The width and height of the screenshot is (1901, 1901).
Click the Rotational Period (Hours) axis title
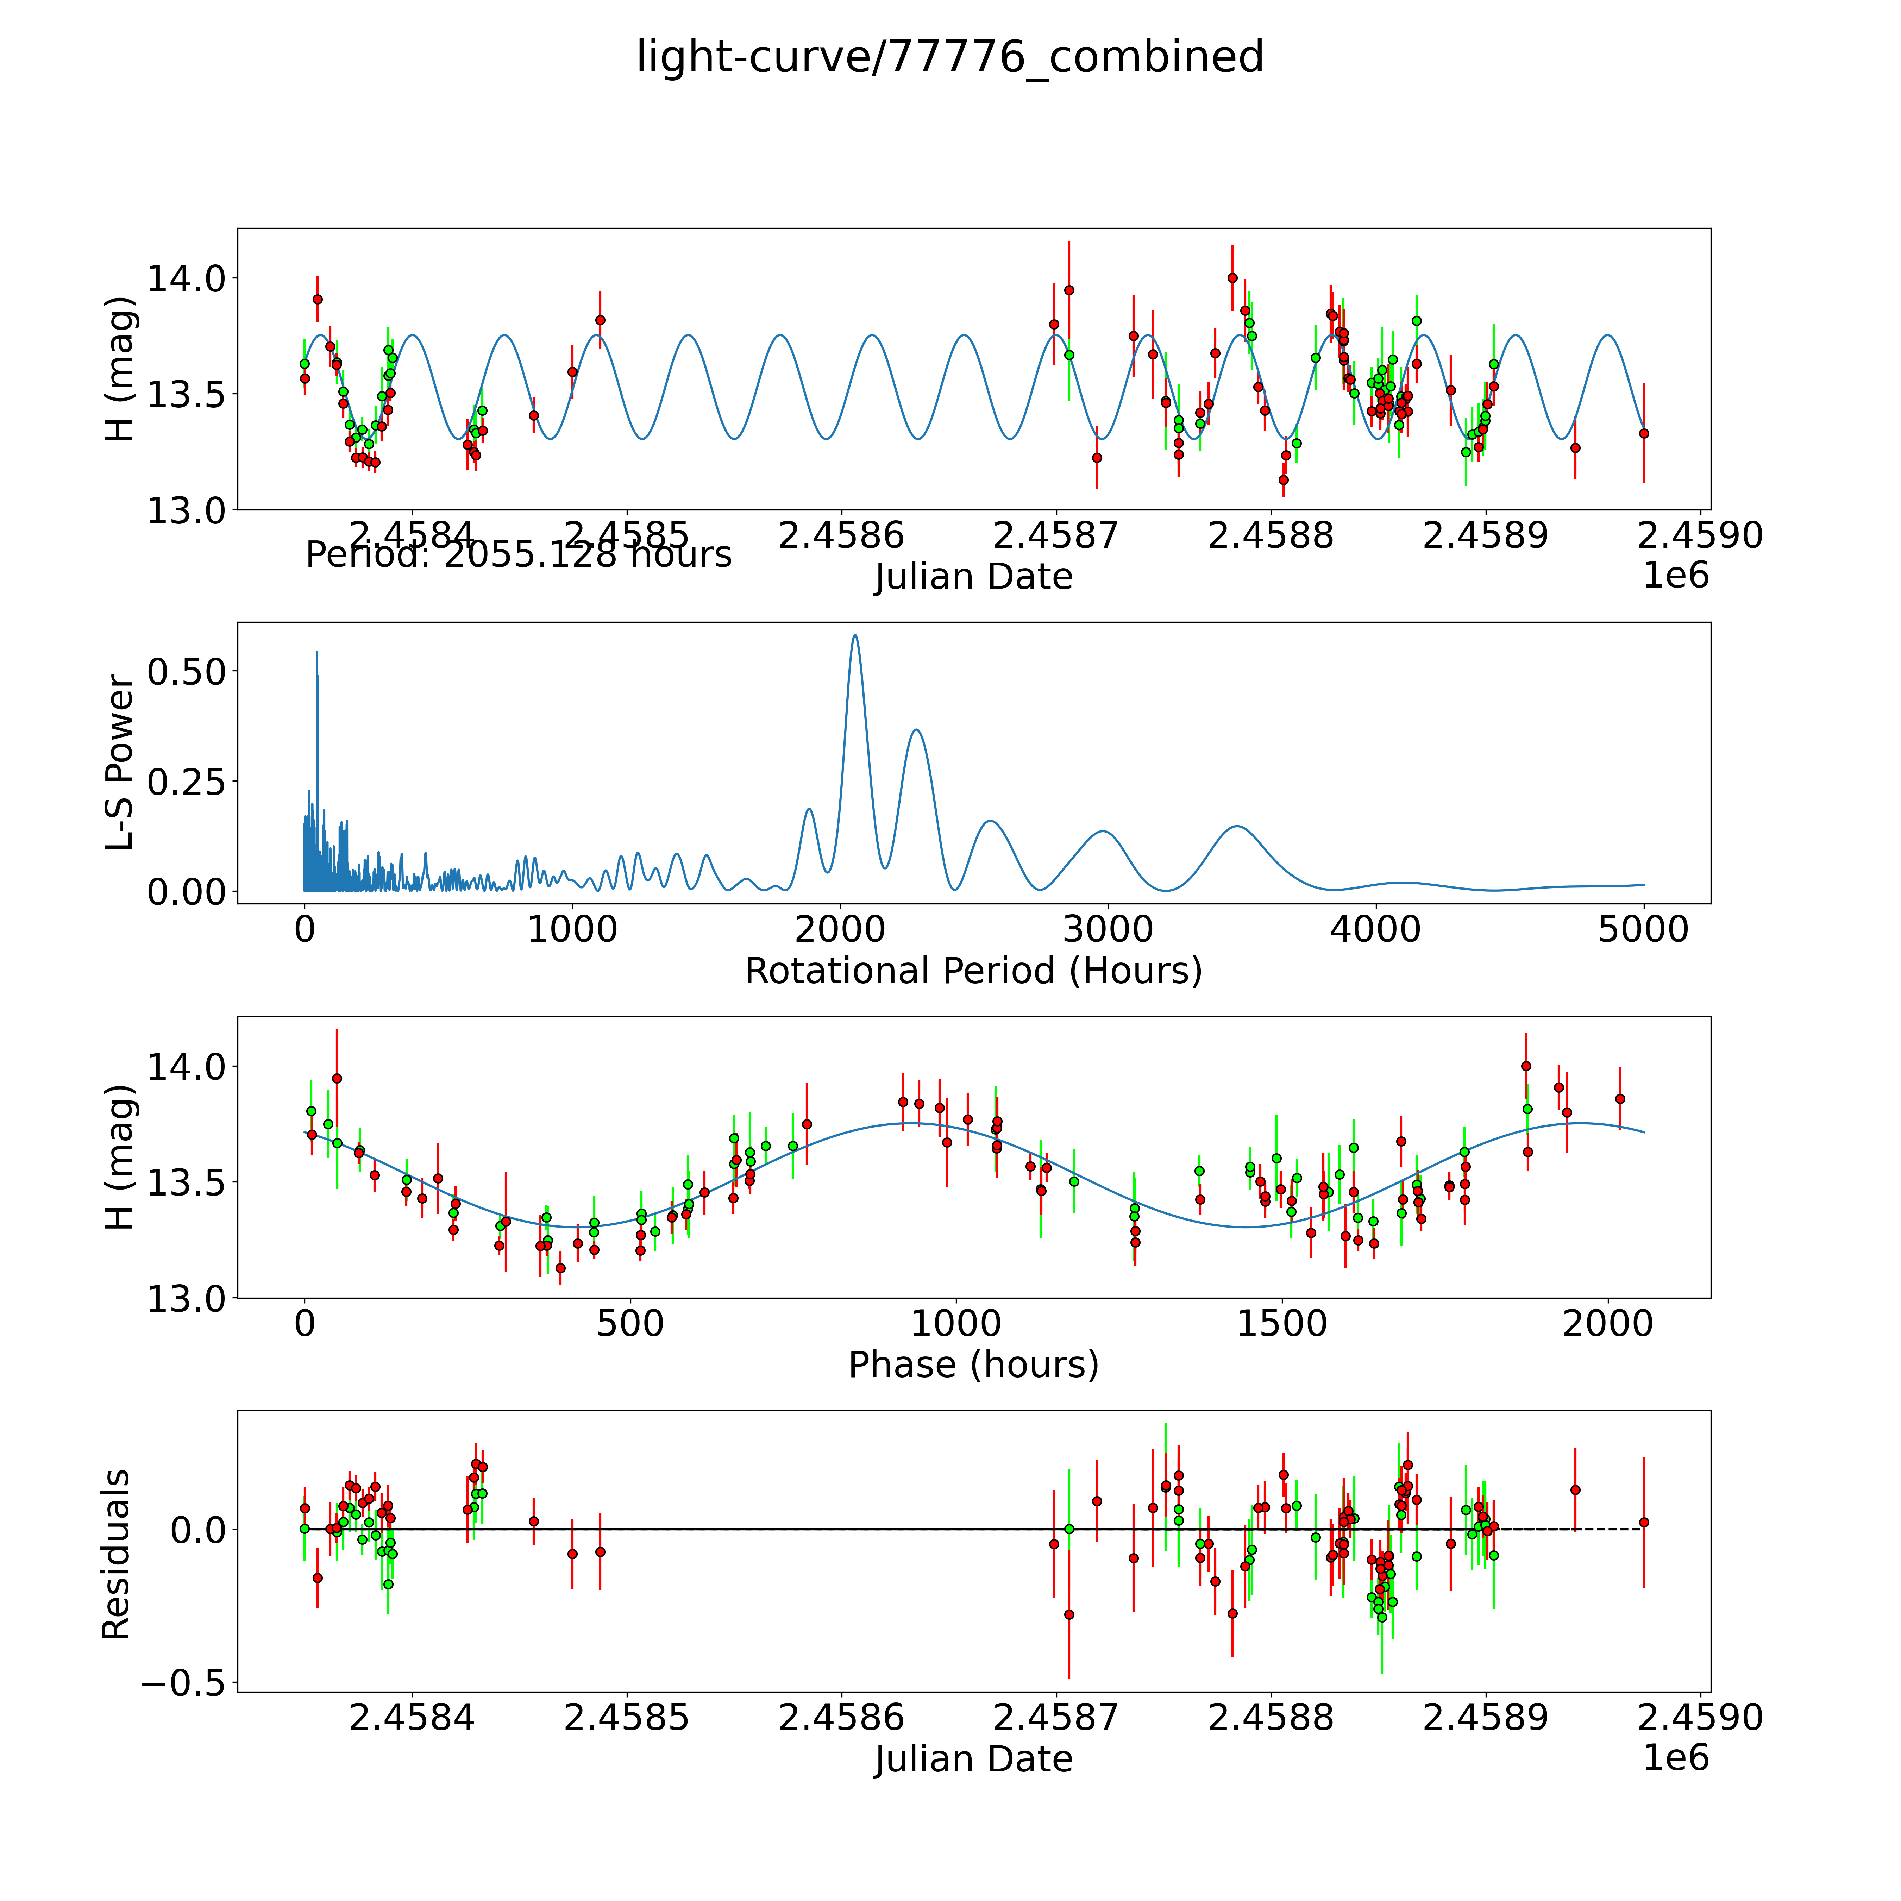pos(973,971)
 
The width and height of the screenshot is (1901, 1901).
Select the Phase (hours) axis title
pos(973,1365)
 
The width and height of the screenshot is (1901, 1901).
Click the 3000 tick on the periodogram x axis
pos(1108,930)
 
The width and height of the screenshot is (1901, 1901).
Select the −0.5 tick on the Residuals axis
pos(182,1683)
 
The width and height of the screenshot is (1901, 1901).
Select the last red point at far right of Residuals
pos(1643,1522)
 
